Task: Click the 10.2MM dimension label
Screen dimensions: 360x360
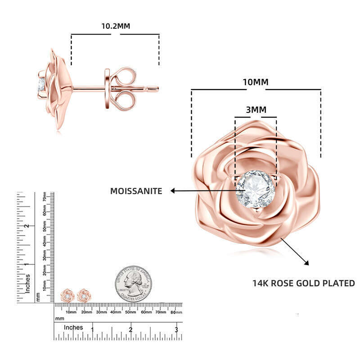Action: pyautogui.click(x=115, y=26)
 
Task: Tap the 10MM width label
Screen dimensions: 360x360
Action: pyautogui.click(x=255, y=82)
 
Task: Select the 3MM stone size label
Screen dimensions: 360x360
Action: pyautogui.click(x=255, y=110)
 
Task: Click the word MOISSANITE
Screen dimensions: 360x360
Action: pyautogui.click(x=136, y=191)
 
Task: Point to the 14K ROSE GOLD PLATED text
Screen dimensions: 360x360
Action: pyautogui.click(x=303, y=283)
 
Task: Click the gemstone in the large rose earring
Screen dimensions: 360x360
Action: pyautogui.click(x=255, y=189)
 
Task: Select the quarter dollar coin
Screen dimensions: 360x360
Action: pyautogui.click(x=133, y=283)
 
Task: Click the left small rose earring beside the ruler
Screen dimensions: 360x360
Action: pyautogui.click(x=67, y=296)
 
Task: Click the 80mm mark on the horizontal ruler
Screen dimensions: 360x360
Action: pyautogui.click(x=175, y=312)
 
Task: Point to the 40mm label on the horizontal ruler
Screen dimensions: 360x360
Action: pyautogui.click(x=116, y=312)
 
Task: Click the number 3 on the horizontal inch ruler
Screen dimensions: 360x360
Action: pyautogui.click(x=176, y=330)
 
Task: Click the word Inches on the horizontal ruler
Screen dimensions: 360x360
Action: pyautogui.click(x=73, y=328)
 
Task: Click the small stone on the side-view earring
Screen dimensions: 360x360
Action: pyautogui.click(x=41, y=85)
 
